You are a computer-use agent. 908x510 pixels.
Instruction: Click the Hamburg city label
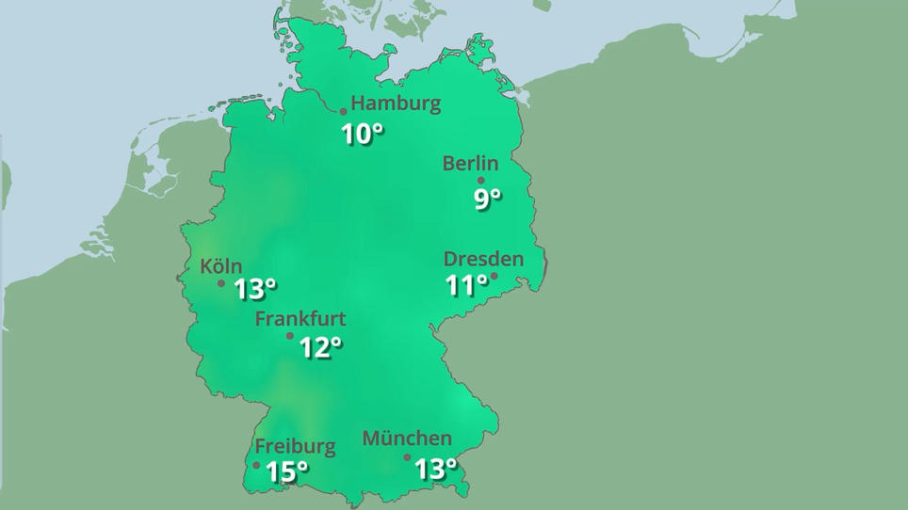coord(396,104)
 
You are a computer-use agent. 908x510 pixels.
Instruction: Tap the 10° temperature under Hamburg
coord(363,135)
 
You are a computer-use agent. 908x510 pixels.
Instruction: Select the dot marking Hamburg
coord(344,112)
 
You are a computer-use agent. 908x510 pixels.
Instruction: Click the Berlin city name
coord(470,164)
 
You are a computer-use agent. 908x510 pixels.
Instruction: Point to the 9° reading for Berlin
coord(487,199)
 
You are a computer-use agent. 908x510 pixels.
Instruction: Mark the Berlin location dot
coord(481,180)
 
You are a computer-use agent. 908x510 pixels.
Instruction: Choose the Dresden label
coord(483,259)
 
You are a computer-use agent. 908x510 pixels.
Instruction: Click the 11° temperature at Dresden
coord(466,285)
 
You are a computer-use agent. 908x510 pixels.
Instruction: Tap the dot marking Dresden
coord(494,276)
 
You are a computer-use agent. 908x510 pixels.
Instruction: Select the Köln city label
coord(220,266)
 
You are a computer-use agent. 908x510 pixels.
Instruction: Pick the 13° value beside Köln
coord(255,289)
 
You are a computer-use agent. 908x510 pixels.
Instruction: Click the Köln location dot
coord(221,283)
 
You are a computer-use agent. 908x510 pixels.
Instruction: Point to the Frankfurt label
coord(300,319)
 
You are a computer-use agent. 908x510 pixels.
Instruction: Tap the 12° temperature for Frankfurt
coord(320,348)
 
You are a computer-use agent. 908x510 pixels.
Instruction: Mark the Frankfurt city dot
coord(290,336)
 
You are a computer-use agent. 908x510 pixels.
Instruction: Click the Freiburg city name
coord(295,446)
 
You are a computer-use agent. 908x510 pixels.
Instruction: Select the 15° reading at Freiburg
coord(287,471)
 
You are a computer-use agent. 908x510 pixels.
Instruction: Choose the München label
coord(407,438)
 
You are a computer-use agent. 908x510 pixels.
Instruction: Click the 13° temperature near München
coord(435,468)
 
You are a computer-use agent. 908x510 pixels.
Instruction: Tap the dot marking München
coord(408,457)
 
